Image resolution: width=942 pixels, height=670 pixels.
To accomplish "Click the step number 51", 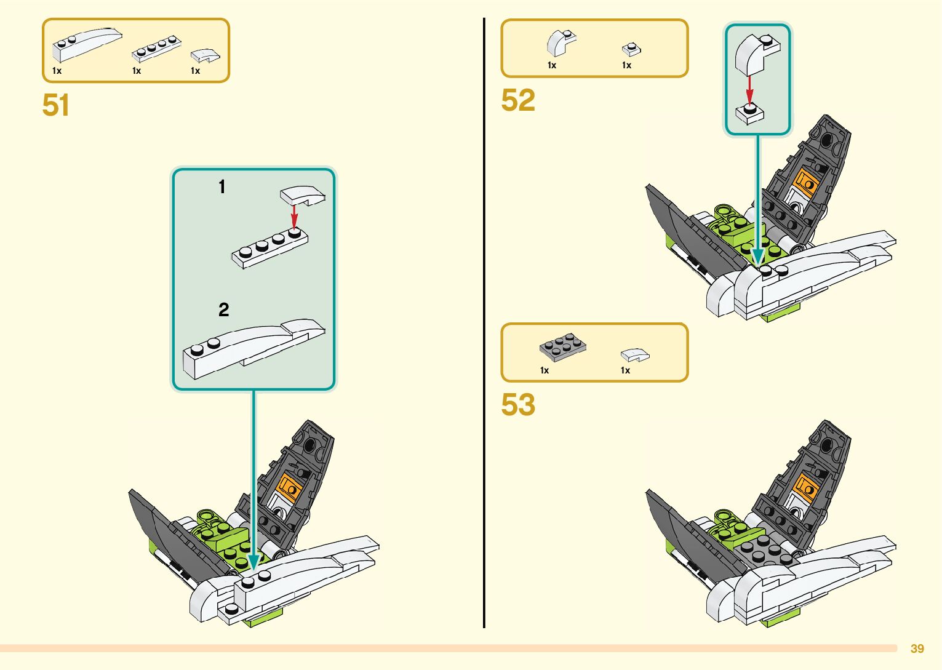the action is (55, 105).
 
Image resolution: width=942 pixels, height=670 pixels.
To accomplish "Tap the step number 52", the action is (518, 100).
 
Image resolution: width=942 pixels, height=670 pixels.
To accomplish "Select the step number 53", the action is (518, 405).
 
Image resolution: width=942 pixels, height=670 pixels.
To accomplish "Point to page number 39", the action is (917, 648).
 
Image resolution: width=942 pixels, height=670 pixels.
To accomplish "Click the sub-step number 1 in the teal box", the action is (222, 187).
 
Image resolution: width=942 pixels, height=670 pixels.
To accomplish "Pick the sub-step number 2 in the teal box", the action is (223, 309).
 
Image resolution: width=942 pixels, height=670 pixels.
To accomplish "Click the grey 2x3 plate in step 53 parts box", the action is (562, 348).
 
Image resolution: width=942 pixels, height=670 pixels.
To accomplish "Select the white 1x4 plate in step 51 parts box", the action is (156, 49).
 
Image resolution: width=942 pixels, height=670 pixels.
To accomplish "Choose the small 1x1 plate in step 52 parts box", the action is (631, 49).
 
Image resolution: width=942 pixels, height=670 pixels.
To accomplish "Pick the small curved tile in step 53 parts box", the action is (634, 355).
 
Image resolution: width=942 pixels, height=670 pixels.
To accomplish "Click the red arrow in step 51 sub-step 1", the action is (295, 215).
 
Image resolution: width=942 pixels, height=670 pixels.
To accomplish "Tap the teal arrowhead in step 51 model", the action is (253, 562).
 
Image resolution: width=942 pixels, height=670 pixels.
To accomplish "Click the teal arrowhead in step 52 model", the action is (758, 256).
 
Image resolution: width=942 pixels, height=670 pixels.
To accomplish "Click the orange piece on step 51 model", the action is (288, 487).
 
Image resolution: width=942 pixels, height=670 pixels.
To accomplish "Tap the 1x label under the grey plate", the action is (545, 370).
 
